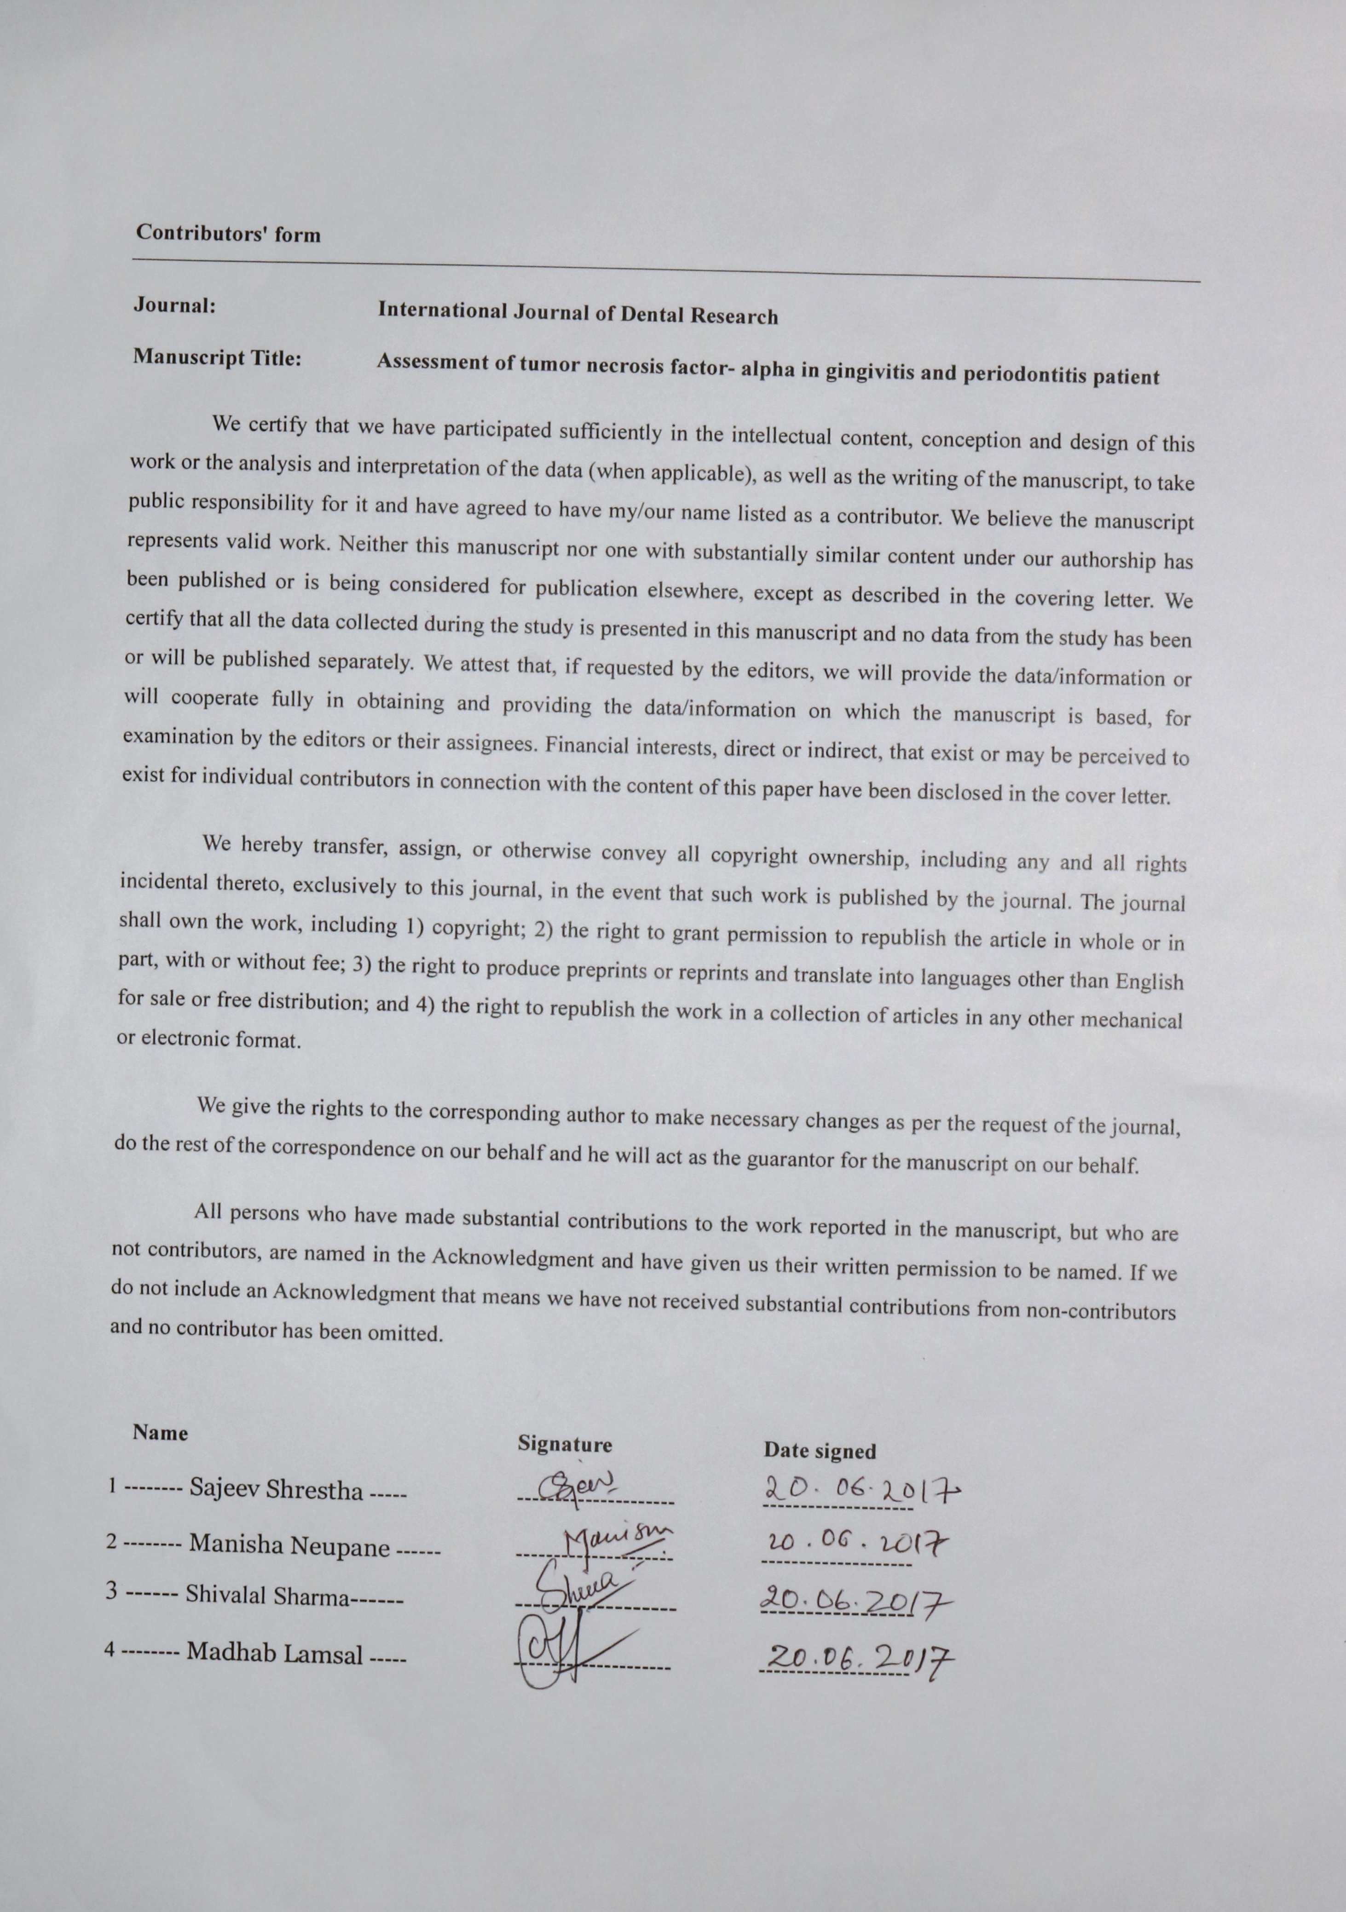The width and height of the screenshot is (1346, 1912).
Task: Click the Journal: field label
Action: tap(175, 305)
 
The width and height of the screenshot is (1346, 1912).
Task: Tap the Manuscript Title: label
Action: tap(217, 358)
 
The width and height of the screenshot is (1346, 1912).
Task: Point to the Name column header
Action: tap(160, 1432)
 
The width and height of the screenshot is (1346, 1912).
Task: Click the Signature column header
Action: tap(565, 1443)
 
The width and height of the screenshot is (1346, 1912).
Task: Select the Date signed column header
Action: tap(820, 1451)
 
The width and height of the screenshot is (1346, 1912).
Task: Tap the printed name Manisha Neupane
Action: tap(289, 1545)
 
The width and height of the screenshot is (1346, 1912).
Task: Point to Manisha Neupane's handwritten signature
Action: tap(616, 1540)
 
